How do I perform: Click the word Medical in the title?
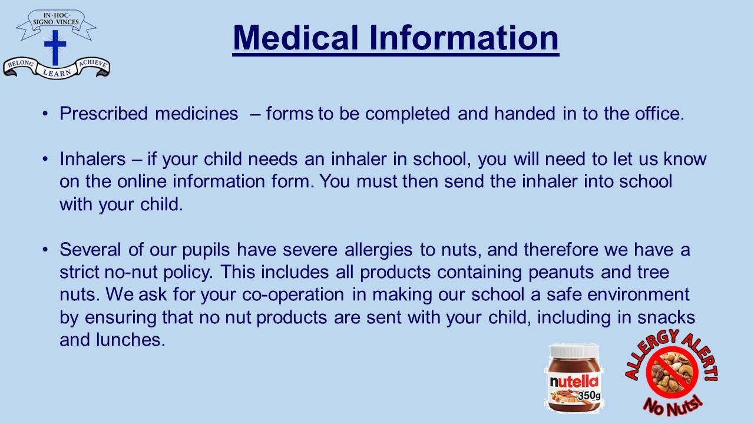coord(295,38)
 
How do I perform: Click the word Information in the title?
coord(464,38)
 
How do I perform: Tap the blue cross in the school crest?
coord(55,48)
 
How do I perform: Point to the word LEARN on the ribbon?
coord(57,72)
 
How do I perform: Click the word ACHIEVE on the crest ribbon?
coord(93,63)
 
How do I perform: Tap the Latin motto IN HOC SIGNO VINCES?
coord(56,19)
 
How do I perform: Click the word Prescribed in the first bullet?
coord(104,114)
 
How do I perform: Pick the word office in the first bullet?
coord(659,114)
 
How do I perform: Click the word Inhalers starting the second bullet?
coord(92,159)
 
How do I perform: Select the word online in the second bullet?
coord(142,181)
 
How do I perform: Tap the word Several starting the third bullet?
coord(90,250)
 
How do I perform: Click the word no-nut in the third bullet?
coord(131,273)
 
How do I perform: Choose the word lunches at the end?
coord(131,340)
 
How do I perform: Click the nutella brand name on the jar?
coord(574,382)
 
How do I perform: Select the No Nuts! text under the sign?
coord(673,406)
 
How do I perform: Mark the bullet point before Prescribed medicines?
coord(45,114)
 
